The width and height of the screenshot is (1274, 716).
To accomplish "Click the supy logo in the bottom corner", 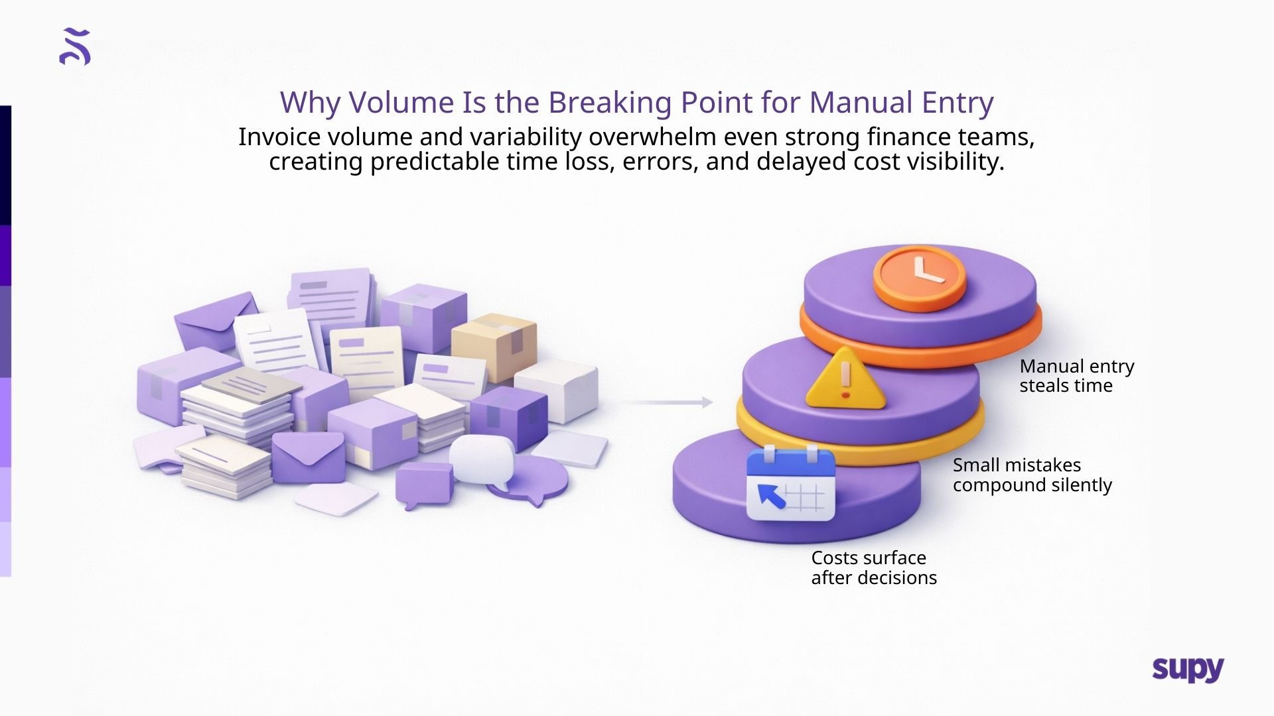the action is click(x=1188, y=670).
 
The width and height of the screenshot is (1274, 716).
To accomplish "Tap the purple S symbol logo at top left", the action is click(x=75, y=46).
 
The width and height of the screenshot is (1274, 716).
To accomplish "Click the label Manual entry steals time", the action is click(x=1076, y=376).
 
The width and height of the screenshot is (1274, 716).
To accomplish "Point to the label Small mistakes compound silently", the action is click(x=1032, y=475).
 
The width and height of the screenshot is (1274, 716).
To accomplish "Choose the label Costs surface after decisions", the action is click(x=873, y=567).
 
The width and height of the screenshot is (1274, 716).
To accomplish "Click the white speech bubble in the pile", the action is click(x=482, y=458).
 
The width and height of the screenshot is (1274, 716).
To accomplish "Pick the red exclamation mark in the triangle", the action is click(x=845, y=380).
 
